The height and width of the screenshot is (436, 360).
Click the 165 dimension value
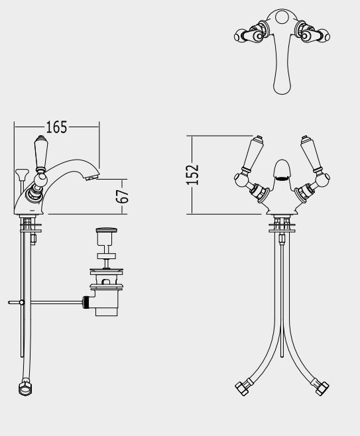[56, 127]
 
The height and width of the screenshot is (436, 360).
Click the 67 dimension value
[123, 196]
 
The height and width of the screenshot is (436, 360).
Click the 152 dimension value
[192, 175]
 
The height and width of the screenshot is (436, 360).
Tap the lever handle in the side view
[41, 154]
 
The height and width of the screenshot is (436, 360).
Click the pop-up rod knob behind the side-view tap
[22, 173]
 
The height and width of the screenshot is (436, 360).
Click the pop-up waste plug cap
[107, 230]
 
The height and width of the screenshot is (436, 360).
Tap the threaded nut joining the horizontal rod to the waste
[86, 302]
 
